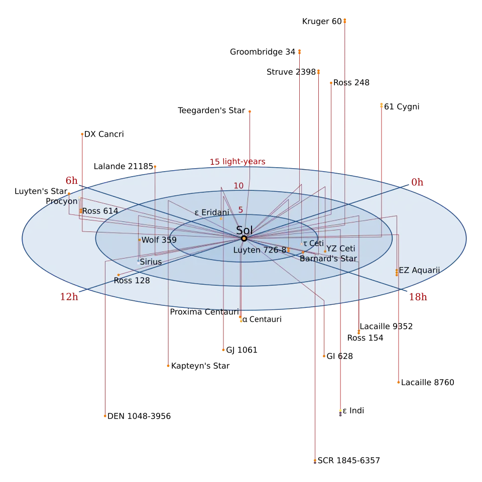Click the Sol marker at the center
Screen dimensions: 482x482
244,238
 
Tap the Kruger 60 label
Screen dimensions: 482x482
322,22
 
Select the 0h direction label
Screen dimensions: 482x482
417,182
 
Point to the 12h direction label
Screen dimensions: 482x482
69,297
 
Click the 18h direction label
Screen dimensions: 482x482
418,297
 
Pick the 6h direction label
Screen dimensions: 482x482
72,180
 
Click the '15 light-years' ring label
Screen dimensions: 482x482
237,162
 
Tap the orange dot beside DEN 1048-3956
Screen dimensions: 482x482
105,416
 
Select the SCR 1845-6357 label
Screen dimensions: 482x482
349,460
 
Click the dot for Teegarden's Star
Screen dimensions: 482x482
250,111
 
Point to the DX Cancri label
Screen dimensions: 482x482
104,135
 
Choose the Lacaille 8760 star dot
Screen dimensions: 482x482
398,383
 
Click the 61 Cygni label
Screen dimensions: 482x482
402,106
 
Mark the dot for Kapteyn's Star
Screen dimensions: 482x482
168,366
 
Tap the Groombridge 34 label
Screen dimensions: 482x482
263,52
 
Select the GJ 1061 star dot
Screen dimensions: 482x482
223,350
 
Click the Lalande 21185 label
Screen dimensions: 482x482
124,166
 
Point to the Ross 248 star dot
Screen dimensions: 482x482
331,83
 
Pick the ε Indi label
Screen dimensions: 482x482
353,411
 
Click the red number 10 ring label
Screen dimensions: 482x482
238,186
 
